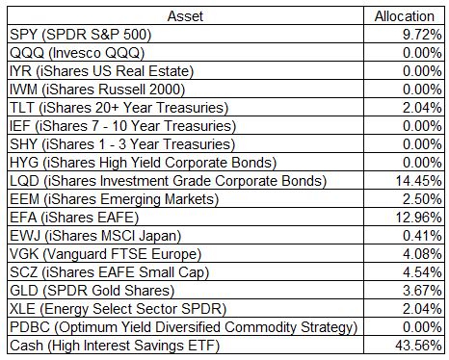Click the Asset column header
185,16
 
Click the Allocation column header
405,16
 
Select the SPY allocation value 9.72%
422,35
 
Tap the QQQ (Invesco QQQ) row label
77,53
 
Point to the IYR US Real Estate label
101,71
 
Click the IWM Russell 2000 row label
97,90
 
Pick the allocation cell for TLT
422,108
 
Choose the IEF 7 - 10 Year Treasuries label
122,126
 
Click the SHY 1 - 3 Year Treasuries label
122,144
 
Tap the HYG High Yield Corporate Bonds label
143,163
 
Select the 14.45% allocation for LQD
419,181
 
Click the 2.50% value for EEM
422,199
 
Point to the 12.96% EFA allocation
419,218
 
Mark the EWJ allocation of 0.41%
422,236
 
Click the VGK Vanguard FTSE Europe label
105,254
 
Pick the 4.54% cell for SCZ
422,272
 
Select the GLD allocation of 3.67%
422,291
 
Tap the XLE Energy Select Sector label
119,309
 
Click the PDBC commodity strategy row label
184,327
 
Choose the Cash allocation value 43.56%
419,346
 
